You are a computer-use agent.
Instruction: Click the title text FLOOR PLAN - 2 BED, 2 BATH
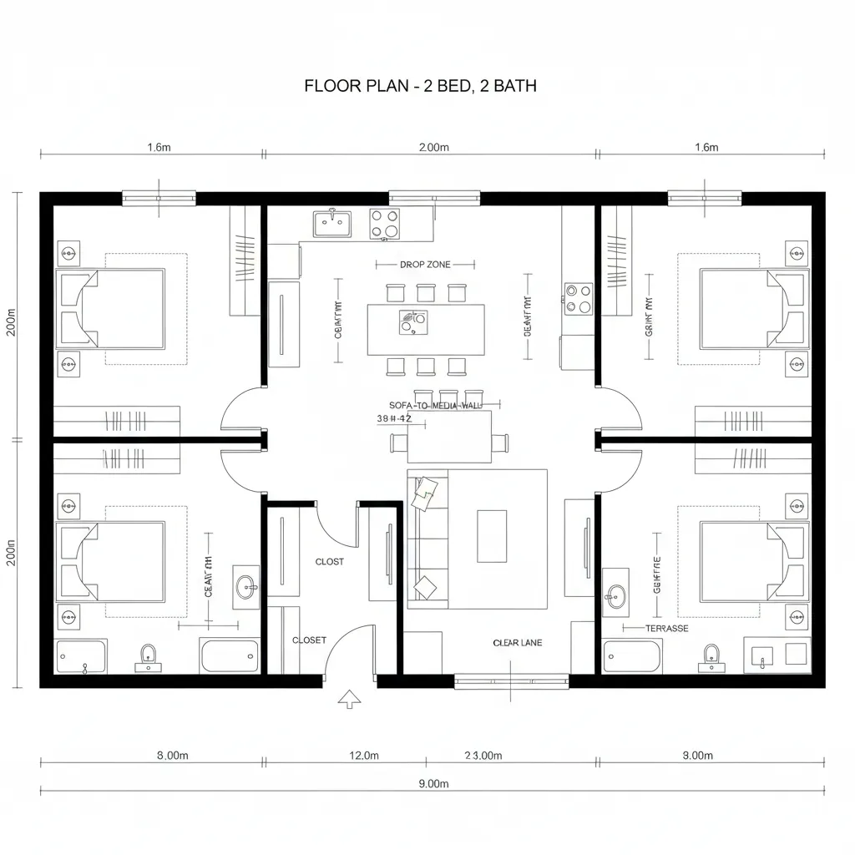[420, 85]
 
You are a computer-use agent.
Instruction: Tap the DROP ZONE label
[425, 265]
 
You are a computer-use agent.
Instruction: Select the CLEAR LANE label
[517, 643]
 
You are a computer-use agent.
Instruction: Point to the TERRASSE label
[667, 628]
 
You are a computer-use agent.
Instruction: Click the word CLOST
[329, 562]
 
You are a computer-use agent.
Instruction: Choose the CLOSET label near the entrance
[309, 640]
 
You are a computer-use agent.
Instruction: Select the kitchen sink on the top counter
[332, 223]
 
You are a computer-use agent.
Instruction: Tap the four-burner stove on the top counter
[384, 223]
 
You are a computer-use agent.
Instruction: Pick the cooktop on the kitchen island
[412, 321]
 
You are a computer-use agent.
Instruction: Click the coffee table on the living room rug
[491, 536]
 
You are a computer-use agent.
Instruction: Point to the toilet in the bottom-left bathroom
[149, 656]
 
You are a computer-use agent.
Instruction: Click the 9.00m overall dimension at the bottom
[433, 783]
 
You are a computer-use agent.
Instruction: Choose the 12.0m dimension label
[363, 756]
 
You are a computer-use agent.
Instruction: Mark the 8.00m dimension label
[172, 756]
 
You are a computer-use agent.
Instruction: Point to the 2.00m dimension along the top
[433, 148]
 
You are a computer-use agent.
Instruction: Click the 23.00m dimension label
[483, 756]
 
